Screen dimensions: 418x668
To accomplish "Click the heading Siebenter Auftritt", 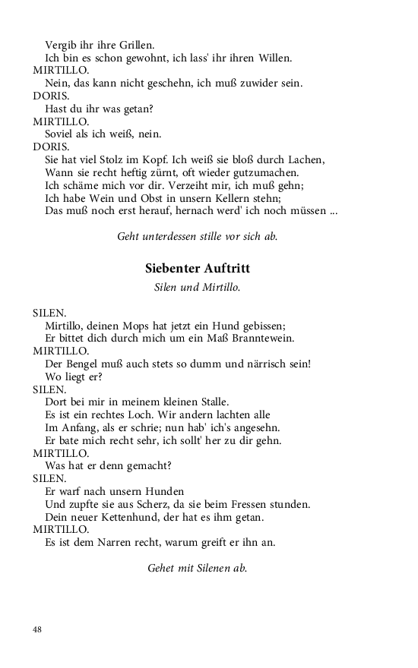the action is point(198,269).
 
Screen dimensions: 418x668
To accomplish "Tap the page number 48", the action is point(38,629).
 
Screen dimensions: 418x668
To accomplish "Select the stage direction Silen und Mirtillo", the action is point(198,288).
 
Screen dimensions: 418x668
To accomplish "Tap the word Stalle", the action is point(211,402).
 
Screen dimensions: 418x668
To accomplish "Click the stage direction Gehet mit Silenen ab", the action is point(198,567).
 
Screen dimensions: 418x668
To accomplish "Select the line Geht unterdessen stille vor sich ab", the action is point(198,236).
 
